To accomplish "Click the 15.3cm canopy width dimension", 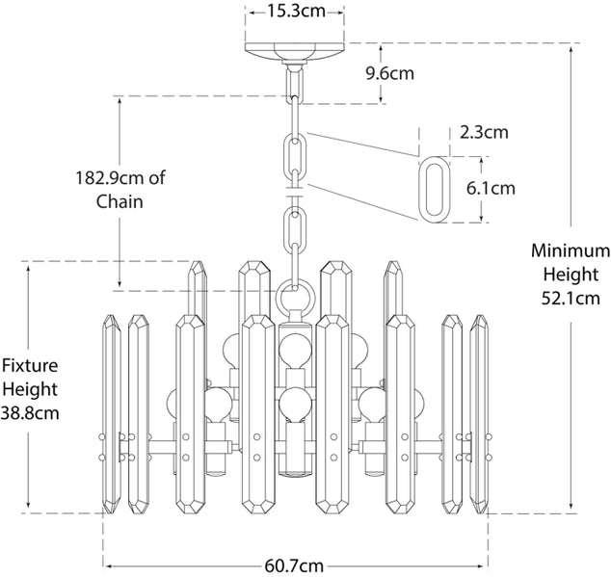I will [x=295, y=12].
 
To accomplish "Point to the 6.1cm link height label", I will [x=491, y=188].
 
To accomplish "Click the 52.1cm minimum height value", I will [x=571, y=299].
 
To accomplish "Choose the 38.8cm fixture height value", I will [x=30, y=413].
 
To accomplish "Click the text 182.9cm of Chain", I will [x=119, y=189].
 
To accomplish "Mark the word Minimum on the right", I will [x=571, y=250].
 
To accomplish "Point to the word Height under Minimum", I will [x=571, y=275].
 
